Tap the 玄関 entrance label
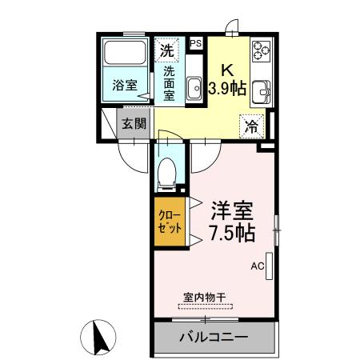point(134,124)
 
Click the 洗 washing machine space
point(166,50)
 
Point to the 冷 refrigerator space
point(251,125)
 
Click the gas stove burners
point(262,51)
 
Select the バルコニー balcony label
point(213,337)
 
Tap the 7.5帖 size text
point(232,234)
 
